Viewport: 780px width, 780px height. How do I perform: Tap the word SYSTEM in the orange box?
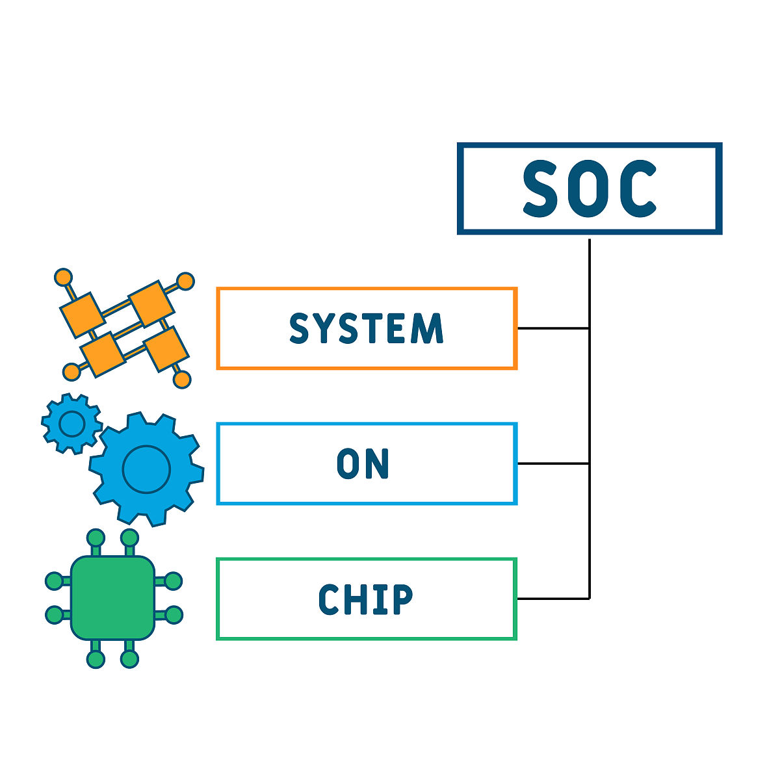[x=366, y=328]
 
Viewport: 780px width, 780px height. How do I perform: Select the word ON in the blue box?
[x=363, y=463]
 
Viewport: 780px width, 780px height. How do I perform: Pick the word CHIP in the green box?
[x=365, y=599]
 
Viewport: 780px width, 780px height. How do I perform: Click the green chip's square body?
[x=112, y=597]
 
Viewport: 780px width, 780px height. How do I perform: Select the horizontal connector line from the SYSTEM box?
[x=553, y=328]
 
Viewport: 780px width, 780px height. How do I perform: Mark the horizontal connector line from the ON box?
[x=553, y=463]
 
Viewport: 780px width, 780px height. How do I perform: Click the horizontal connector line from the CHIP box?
[x=553, y=599]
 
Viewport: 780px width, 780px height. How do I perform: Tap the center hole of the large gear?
[x=146, y=468]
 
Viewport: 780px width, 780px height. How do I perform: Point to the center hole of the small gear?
[x=71, y=424]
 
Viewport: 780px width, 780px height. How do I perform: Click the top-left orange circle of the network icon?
[x=63, y=277]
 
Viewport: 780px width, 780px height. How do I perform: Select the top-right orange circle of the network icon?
[x=185, y=281]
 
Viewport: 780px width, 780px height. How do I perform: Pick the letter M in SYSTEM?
[x=427, y=328]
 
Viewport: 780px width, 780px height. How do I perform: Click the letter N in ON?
[x=376, y=463]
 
